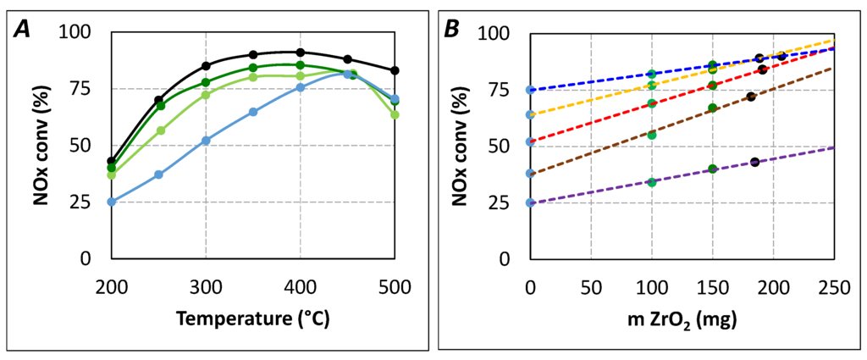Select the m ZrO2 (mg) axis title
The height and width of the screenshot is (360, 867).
(682, 321)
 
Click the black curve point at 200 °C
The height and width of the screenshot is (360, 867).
(111, 161)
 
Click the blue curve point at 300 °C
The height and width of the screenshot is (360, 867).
(206, 141)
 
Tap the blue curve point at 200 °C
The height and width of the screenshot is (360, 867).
(111, 202)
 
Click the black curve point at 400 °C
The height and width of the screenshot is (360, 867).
(300, 53)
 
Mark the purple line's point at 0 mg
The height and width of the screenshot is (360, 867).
(530, 202)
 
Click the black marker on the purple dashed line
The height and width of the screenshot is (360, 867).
(754, 162)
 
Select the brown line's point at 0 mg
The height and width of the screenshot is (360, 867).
(530, 173)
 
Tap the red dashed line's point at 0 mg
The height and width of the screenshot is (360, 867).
(530, 141)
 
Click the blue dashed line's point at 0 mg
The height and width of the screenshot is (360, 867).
(530, 90)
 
